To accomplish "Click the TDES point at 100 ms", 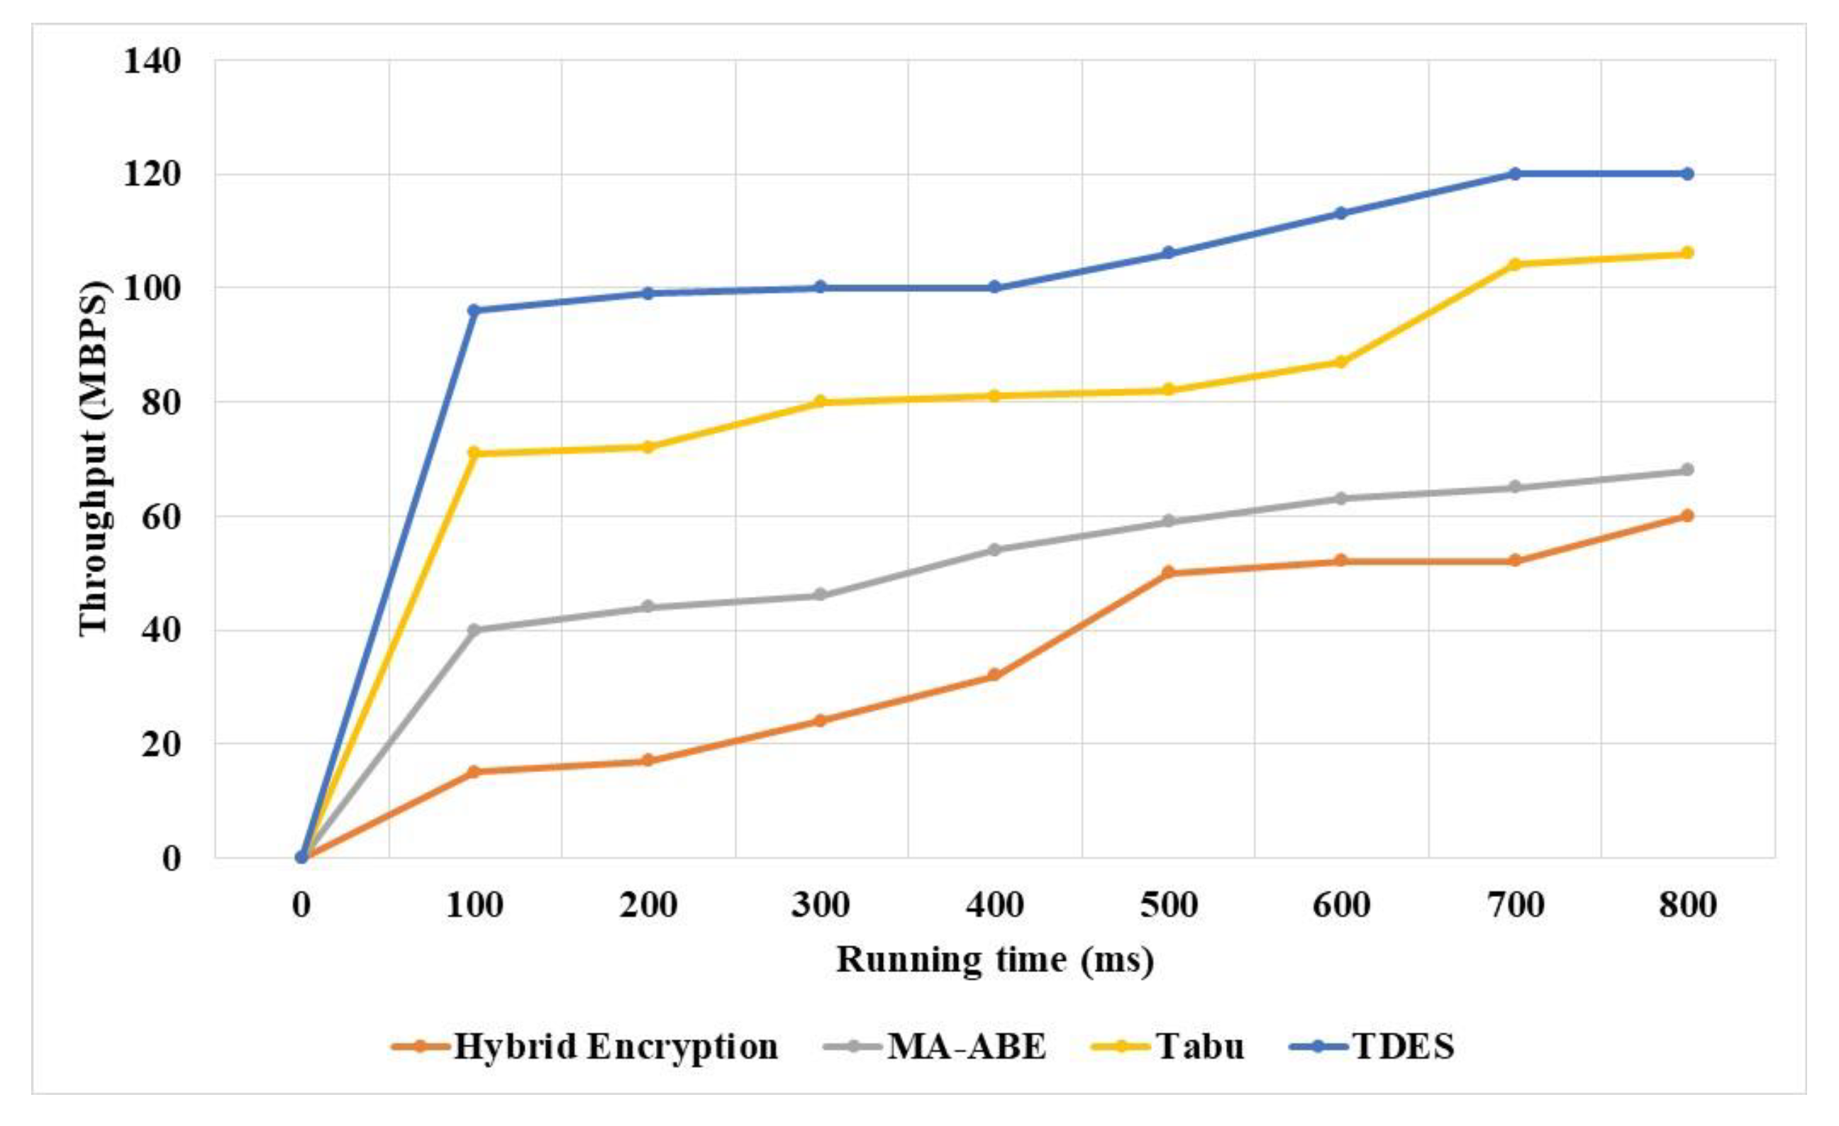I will (474, 310).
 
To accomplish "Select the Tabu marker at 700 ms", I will (1514, 264).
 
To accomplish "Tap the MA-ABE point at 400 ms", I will (994, 550).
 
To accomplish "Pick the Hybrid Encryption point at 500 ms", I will (1168, 572).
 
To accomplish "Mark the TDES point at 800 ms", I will (1687, 174).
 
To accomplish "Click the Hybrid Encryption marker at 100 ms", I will (474, 771).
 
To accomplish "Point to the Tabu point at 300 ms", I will (821, 401).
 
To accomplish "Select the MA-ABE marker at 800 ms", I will (1687, 470).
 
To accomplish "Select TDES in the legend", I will (1403, 1047).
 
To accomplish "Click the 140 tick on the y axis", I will (152, 61).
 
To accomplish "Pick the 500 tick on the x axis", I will (1168, 905).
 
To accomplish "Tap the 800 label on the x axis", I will (1687, 905).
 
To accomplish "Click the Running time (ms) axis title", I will (995, 960).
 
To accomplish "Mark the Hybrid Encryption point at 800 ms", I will (1687, 515).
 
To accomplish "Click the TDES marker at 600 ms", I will (1340, 213).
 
